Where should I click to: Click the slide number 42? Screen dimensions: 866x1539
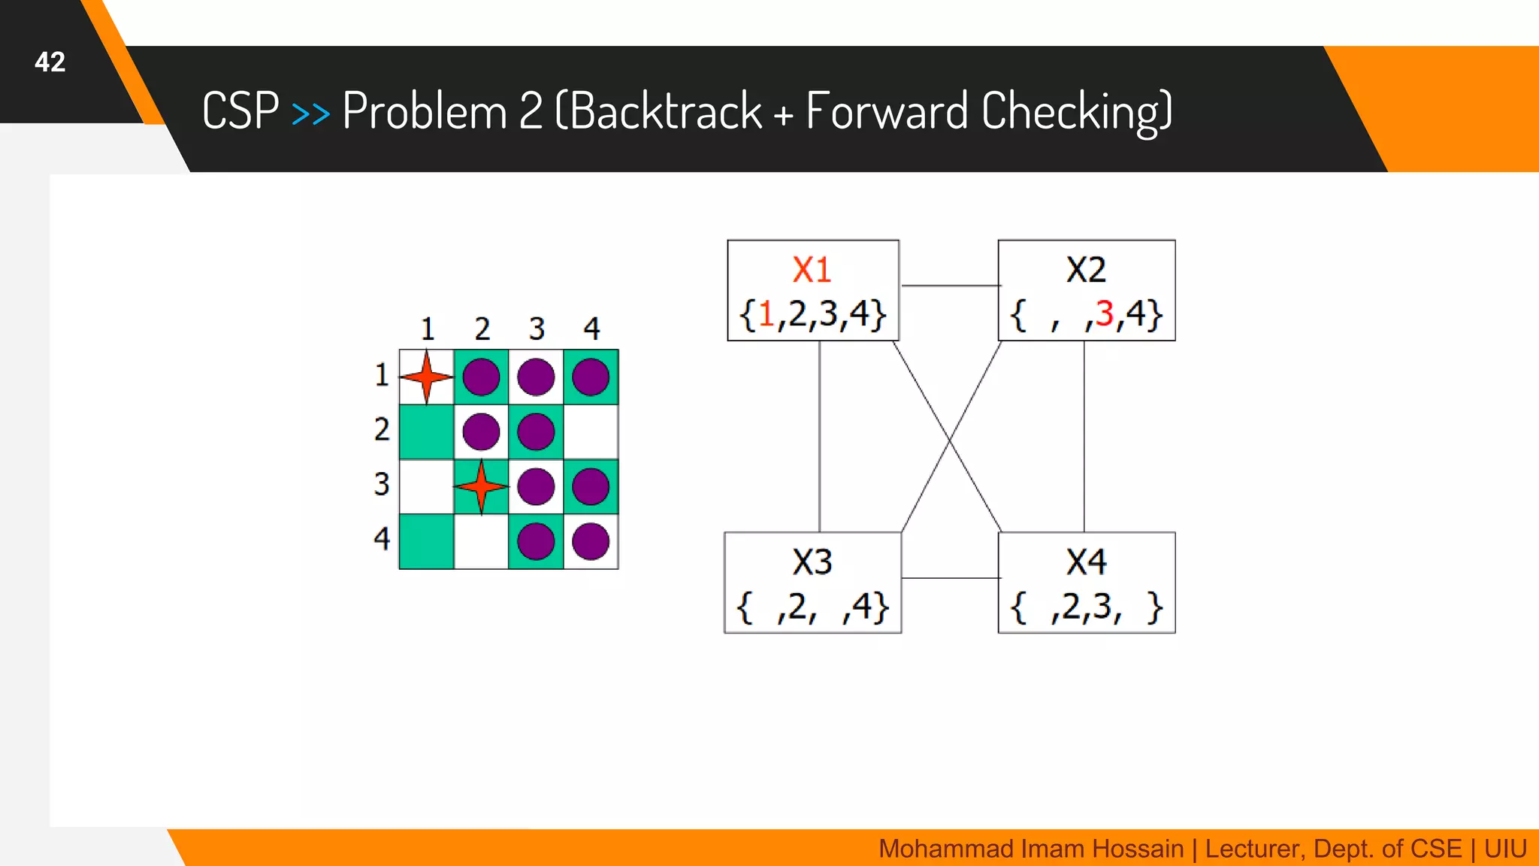50,62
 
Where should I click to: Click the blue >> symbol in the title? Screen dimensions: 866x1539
310,113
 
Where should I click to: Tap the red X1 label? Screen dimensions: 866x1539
812,270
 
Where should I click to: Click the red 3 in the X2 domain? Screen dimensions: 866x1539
1104,313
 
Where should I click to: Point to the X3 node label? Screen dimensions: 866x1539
812,562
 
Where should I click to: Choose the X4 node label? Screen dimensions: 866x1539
1086,562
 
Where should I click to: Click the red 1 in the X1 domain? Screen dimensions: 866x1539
766,313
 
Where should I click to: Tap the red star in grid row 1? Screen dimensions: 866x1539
426,377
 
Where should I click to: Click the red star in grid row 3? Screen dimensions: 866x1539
481,486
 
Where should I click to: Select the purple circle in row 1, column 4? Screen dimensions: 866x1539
591,377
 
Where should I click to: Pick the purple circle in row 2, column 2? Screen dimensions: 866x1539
481,431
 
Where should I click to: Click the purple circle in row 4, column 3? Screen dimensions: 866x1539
536,541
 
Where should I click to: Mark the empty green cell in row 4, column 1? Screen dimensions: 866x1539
426,541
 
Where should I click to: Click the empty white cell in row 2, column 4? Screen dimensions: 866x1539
591,431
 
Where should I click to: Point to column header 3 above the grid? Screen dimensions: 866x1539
537,329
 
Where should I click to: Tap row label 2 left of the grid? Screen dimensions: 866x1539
382,429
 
